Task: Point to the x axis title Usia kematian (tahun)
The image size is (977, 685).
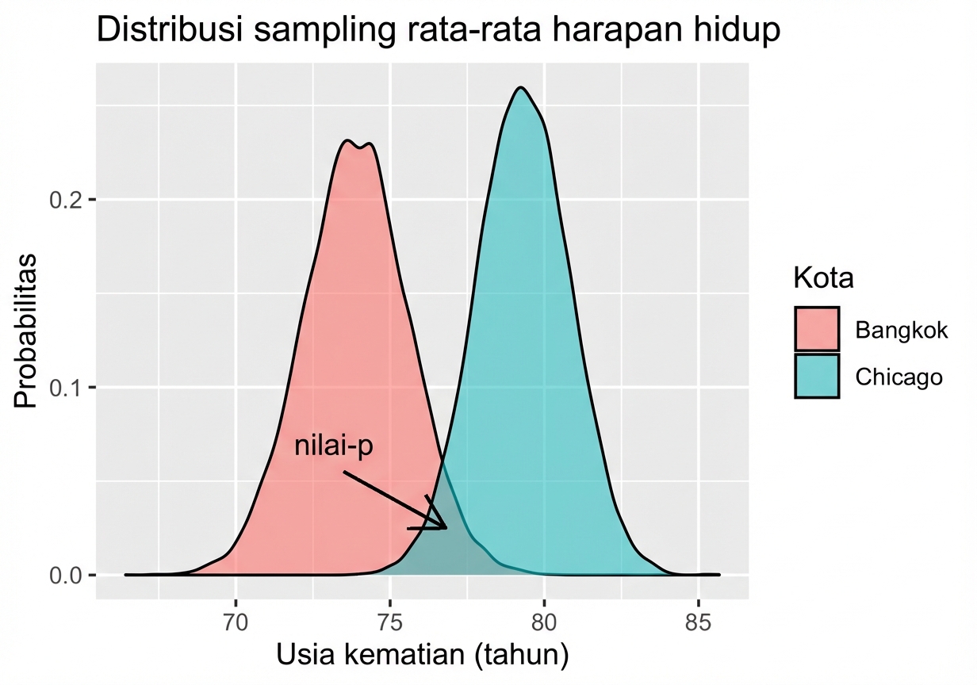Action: coord(422,656)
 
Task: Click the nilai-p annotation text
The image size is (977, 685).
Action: coord(333,446)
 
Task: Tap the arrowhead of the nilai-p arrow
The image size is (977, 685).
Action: coord(444,526)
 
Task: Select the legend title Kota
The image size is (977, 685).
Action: coord(823,279)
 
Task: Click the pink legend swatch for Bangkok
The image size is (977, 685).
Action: coord(817,329)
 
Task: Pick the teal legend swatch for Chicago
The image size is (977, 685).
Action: coord(817,376)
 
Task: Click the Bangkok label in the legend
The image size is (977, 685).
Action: coord(901,330)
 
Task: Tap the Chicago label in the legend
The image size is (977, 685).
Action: coord(898,377)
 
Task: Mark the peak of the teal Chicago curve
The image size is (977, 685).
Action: coord(520,88)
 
